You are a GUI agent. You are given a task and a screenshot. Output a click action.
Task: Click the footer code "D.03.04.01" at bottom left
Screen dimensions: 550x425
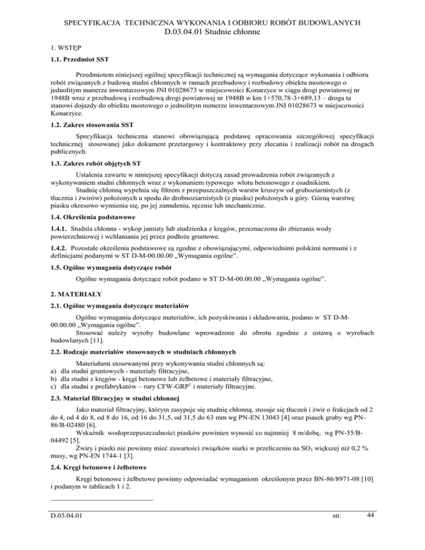[68, 517]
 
